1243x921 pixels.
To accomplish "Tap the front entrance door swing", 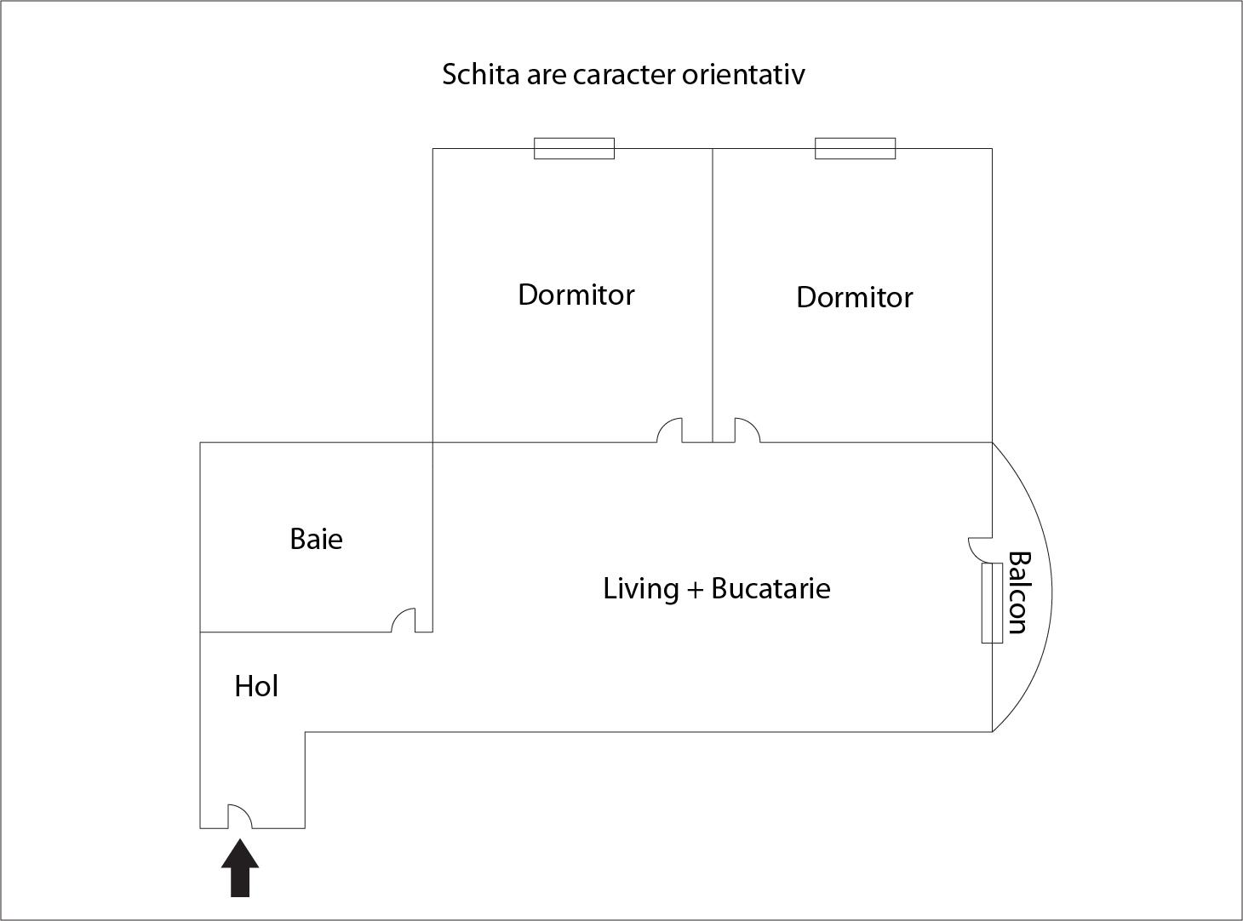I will tap(239, 815).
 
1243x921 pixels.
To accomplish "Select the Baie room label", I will tap(316, 539).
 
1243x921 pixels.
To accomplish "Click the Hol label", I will tap(256, 686).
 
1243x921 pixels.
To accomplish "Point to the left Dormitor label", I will tap(576, 295).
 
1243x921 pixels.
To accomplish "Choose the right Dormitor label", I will tap(854, 297).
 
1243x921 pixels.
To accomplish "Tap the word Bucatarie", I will tap(770, 588).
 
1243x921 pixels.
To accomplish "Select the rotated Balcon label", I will tap(1018, 592).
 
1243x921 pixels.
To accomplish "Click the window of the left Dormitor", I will tap(574, 148).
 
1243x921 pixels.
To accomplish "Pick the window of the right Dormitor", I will tap(855, 148).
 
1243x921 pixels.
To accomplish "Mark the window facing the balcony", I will tap(992, 603).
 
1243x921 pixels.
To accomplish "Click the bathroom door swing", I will tap(404, 621).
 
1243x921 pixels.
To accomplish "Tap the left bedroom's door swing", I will tap(670, 430).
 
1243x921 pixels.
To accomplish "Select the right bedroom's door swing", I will tap(747, 430).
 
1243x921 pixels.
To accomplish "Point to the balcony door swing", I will tap(980, 549).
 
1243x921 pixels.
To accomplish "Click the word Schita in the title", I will tap(480, 75).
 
